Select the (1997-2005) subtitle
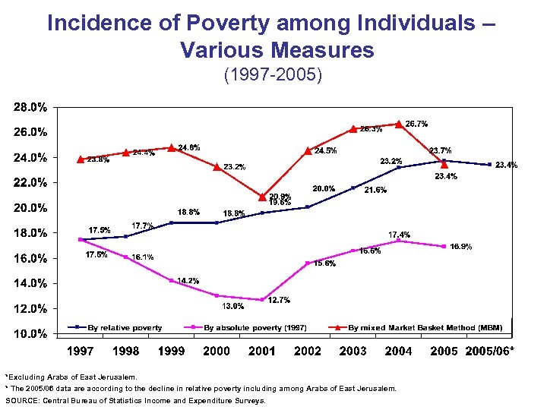pos(273,76)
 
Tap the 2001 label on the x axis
pos(262,351)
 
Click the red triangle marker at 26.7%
pos(398,124)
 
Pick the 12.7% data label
pos(279,300)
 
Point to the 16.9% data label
pos(461,247)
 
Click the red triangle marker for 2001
pos(262,197)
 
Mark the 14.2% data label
pos(188,281)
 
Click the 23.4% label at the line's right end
pos(506,165)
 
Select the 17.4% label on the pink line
pos(400,235)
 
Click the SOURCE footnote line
pos(135,400)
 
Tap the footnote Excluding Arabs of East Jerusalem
pos(71,376)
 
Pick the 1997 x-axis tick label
pos(81,351)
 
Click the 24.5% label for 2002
pos(326,150)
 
